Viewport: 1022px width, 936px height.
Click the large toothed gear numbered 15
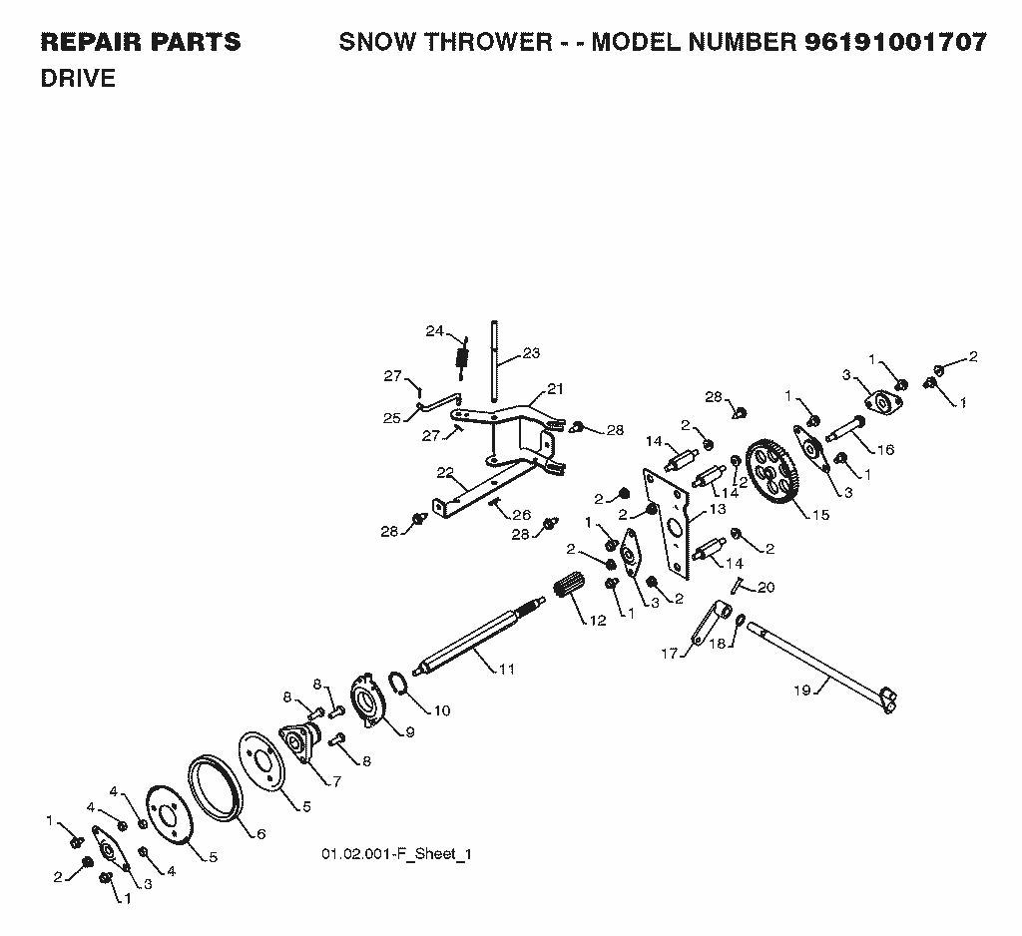click(x=773, y=471)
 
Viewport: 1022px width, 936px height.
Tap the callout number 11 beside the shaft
click(x=506, y=669)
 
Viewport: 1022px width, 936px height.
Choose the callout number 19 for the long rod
click(x=802, y=690)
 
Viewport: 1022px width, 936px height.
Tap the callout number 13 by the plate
click(x=717, y=508)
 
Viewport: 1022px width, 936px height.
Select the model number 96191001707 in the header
click(x=896, y=42)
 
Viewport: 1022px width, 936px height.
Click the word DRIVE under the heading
click(x=78, y=78)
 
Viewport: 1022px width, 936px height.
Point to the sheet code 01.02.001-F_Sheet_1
click(x=396, y=854)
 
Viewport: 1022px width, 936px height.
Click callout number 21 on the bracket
click(x=555, y=389)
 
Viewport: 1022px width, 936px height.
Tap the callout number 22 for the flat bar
click(x=445, y=473)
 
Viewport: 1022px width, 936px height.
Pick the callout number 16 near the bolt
click(x=886, y=450)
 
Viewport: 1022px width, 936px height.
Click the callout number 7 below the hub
click(x=336, y=781)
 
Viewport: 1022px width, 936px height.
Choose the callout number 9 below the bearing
click(x=410, y=732)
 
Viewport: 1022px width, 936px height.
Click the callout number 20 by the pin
click(x=766, y=588)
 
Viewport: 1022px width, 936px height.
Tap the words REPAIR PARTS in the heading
click(x=141, y=42)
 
